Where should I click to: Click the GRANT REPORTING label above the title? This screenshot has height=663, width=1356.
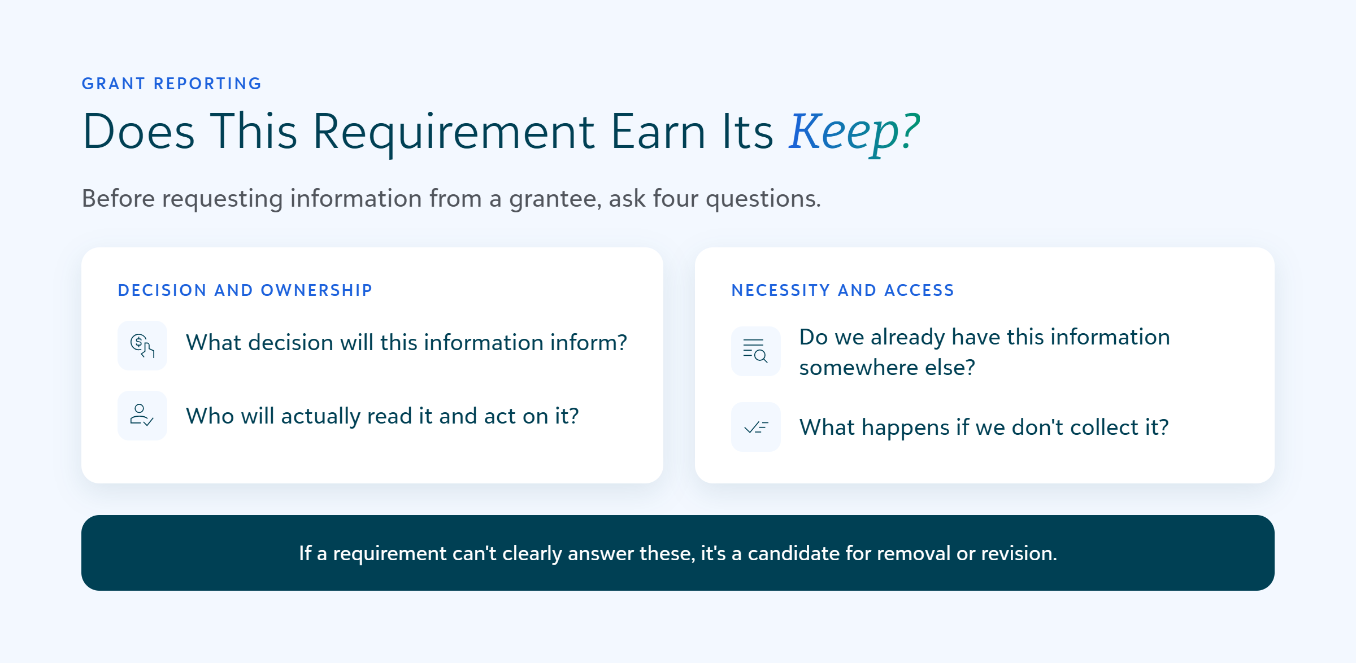click(172, 84)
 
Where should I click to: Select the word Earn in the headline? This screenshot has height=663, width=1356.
click(658, 132)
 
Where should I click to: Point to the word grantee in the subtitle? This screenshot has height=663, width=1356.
click(555, 199)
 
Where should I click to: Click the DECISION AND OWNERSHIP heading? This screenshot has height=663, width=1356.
click(245, 290)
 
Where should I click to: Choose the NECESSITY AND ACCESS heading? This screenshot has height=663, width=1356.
click(843, 290)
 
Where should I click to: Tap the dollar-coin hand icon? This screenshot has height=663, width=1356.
click(142, 346)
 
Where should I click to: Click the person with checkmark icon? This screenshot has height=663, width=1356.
click(142, 416)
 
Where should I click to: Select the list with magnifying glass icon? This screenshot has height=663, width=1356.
click(756, 351)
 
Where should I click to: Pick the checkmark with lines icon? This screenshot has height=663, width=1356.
click(756, 427)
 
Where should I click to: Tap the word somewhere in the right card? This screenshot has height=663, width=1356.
click(859, 368)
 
